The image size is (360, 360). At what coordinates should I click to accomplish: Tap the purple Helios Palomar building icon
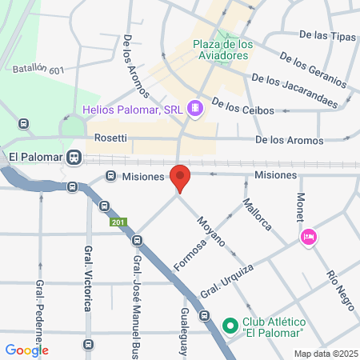click(x=193, y=108)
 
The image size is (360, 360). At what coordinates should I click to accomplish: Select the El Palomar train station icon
click(x=74, y=157)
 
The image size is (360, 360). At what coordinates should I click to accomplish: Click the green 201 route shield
click(x=118, y=222)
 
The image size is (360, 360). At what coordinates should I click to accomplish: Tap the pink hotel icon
click(x=308, y=237)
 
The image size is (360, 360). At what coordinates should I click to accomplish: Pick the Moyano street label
click(x=210, y=230)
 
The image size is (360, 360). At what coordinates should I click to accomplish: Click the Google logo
click(x=26, y=350)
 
